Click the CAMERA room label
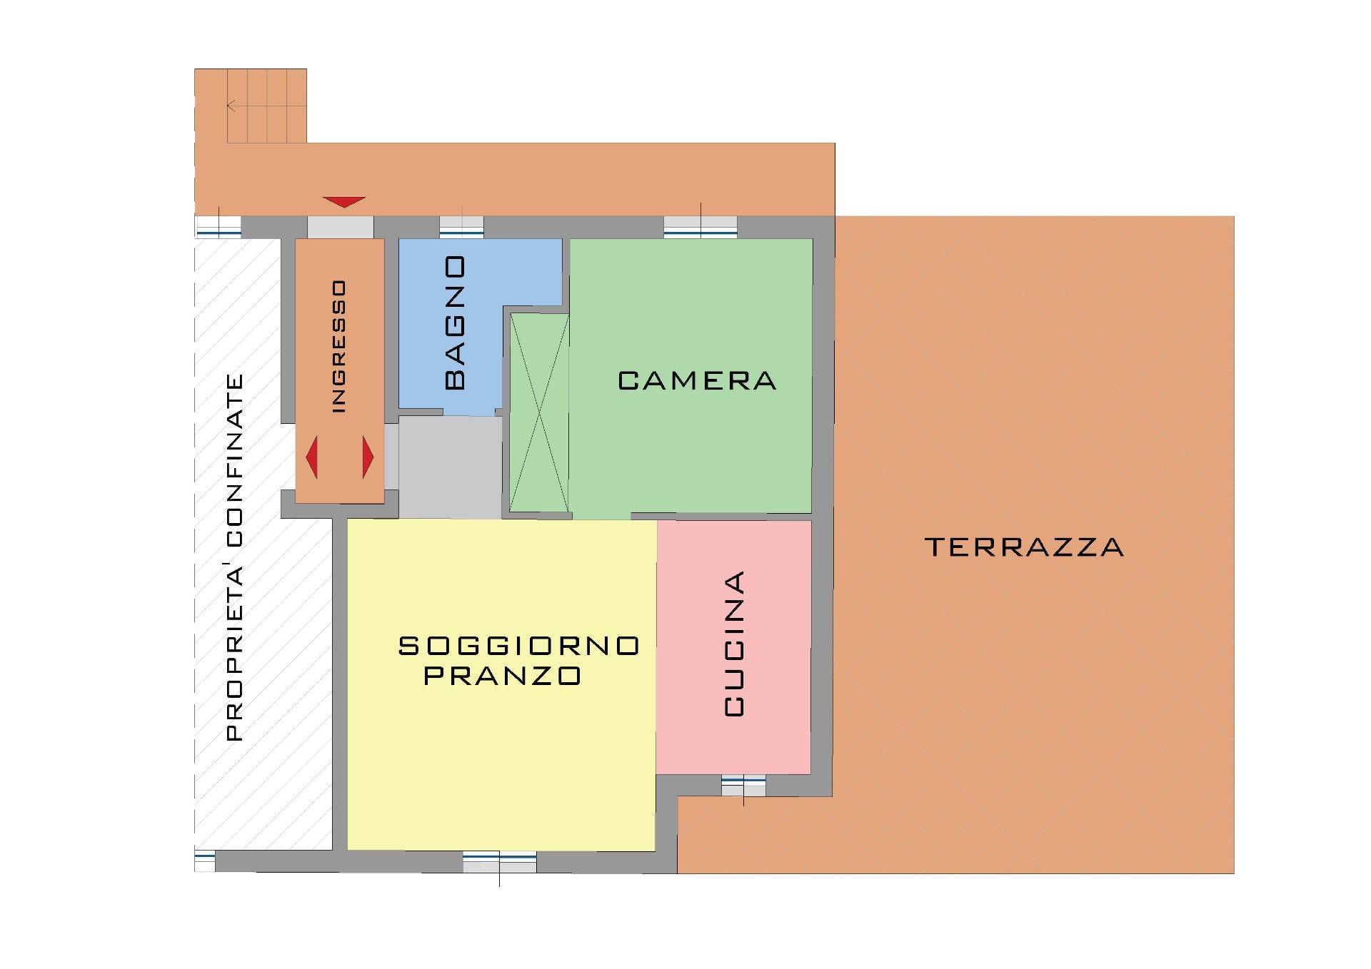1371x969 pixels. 697,380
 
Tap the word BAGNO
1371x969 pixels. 455,323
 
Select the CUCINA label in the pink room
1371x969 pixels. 734,643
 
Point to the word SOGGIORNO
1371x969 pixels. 518,646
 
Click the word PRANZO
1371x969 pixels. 503,676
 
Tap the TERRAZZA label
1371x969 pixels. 1024,547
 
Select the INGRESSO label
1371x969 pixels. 339,346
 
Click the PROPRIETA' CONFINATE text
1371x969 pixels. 234,557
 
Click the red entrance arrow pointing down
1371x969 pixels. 344,203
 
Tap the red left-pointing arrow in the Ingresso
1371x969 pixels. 311,457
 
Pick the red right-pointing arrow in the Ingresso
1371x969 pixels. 368,457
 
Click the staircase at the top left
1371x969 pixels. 266,106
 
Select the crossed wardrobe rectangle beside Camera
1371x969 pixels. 539,413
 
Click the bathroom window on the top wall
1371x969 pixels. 461,228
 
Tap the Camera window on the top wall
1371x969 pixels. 700,228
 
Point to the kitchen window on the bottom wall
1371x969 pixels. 743,786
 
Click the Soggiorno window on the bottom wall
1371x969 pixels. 499,862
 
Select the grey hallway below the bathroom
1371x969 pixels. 450,467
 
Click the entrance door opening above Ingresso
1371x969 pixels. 341,228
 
